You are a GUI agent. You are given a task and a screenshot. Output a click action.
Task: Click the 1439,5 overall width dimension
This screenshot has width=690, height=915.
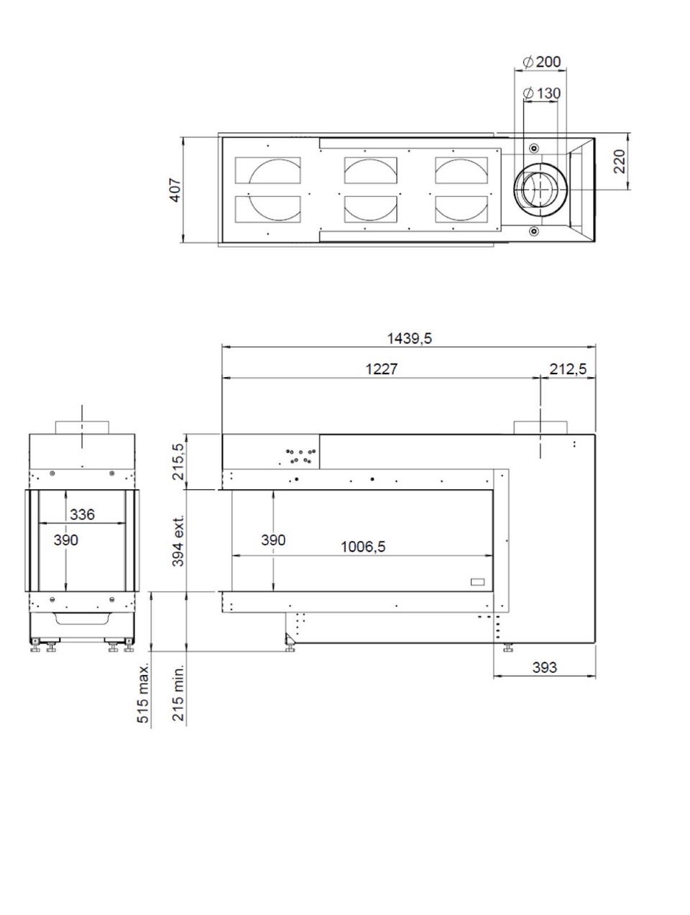(409, 338)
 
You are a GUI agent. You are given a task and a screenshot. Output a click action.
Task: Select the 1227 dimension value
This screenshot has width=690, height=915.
(381, 369)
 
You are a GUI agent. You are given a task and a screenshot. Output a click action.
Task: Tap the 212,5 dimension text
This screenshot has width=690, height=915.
(568, 369)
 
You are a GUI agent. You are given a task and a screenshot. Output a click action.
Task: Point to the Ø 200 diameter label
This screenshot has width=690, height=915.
(542, 62)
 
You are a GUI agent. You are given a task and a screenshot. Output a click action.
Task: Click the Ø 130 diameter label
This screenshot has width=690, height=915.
(542, 93)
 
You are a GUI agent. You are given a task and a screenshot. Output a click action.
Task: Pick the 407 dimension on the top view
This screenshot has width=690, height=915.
(175, 190)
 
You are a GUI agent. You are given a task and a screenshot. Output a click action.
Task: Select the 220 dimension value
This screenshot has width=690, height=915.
(619, 162)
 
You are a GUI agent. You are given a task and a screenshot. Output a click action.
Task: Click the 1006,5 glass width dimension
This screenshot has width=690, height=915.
(363, 547)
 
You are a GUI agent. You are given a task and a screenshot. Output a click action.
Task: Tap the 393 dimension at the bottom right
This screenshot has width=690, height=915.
(545, 667)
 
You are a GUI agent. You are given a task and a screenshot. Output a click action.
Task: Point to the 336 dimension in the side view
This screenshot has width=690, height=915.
(82, 514)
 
